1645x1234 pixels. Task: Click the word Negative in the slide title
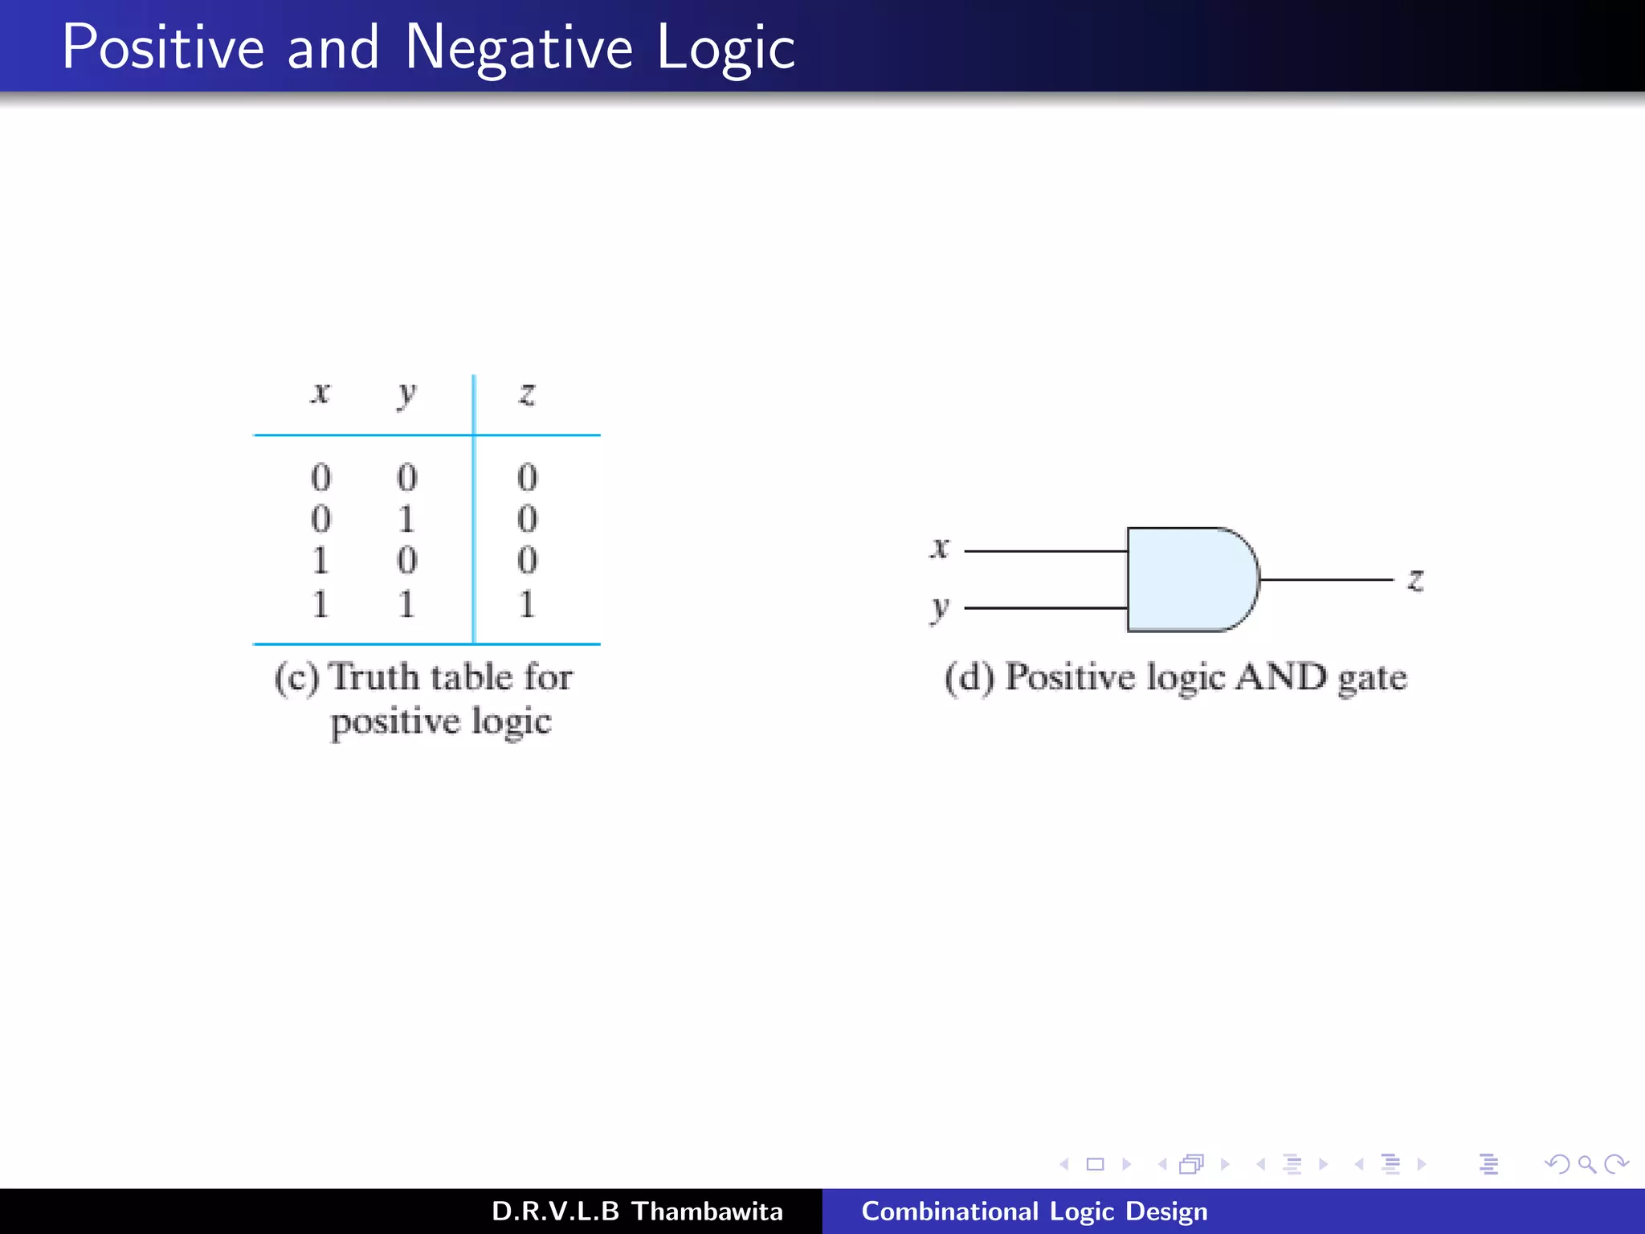click(x=519, y=48)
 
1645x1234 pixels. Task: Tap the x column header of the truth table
click(x=320, y=393)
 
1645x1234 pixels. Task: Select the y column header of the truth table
click(x=407, y=394)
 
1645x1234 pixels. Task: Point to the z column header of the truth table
click(x=527, y=394)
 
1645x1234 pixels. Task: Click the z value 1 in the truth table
click(x=527, y=603)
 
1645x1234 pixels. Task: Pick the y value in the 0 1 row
click(x=407, y=519)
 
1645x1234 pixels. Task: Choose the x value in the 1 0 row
click(x=320, y=561)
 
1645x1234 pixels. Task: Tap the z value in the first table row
click(x=527, y=477)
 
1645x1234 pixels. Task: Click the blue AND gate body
click(x=1189, y=579)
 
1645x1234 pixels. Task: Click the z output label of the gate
click(x=1415, y=579)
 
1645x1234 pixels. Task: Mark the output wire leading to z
click(x=1325, y=579)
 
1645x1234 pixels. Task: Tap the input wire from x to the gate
click(x=1044, y=551)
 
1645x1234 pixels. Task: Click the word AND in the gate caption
click(x=1280, y=676)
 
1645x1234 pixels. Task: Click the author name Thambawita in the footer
click(x=707, y=1212)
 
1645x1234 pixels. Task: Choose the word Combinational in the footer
click(x=949, y=1212)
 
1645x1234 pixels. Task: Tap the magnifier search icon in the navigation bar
click(x=1586, y=1164)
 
